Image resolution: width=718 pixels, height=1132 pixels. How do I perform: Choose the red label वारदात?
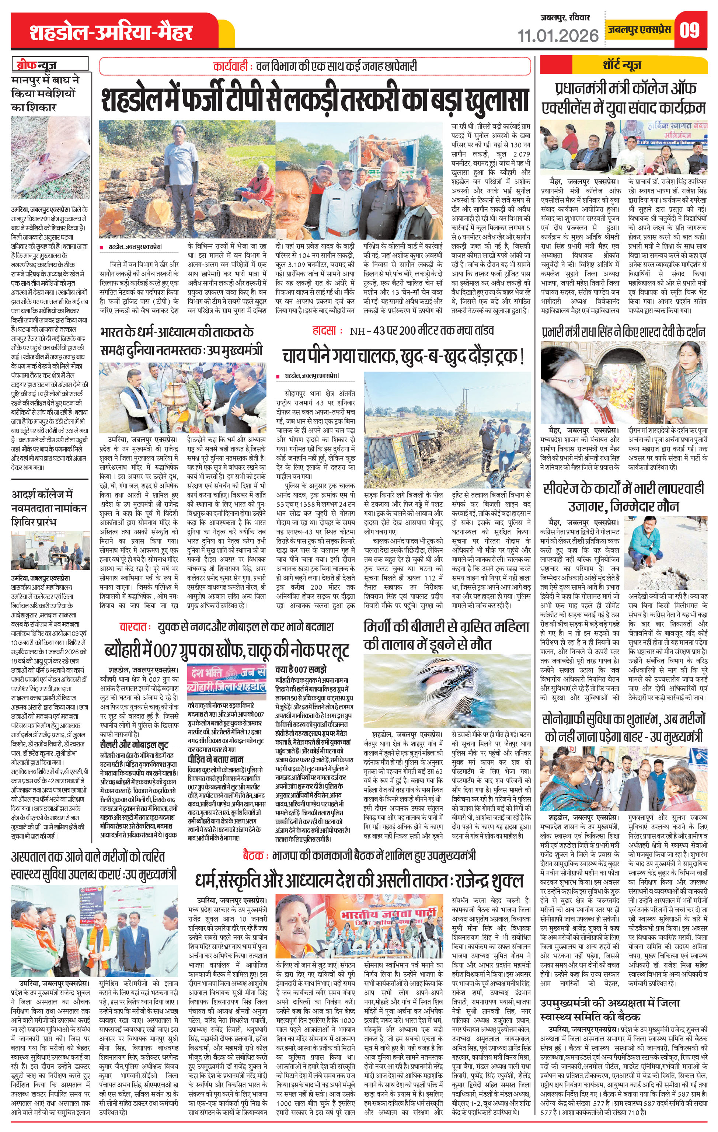[x=135, y=627]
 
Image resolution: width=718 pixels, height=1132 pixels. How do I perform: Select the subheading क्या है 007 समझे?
[x=301, y=669]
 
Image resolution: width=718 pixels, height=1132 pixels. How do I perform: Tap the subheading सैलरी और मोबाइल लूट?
[x=134, y=744]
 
